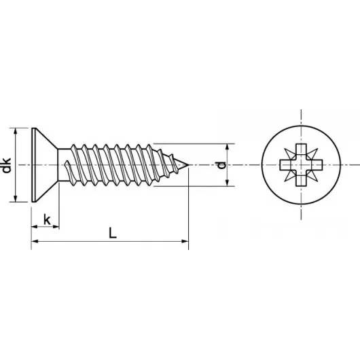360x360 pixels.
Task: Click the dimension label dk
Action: click(7, 164)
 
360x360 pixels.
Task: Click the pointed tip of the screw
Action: click(187, 164)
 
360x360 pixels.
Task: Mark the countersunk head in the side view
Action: click(45, 164)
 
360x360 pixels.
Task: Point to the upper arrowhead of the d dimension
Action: click(229, 147)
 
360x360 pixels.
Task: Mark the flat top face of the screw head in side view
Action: click(33, 164)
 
